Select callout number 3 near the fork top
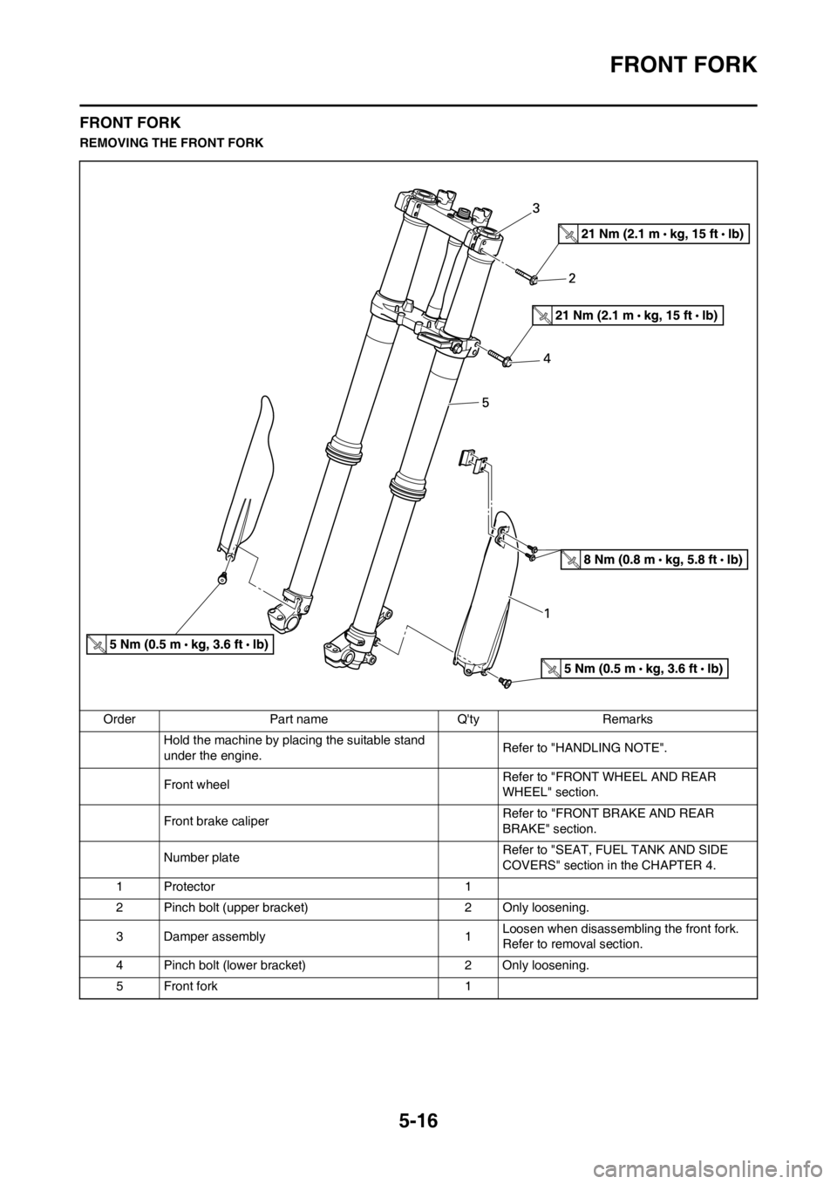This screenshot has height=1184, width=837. (x=536, y=208)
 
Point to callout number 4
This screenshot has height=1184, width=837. (x=548, y=358)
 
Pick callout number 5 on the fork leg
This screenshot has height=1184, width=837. (x=486, y=403)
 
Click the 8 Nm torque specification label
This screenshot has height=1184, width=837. (x=655, y=560)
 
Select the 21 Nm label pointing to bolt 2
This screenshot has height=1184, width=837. (x=654, y=234)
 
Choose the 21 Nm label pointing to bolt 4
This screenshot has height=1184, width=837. (x=629, y=315)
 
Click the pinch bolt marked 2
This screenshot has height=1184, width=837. (x=527, y=276)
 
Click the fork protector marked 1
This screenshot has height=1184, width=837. (x=488, y=602)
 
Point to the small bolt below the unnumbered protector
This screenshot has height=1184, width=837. (x=223, y=579)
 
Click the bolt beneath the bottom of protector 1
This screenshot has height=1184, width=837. (x=504, y=684)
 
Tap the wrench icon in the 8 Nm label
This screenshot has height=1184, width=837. (x=570, y=560)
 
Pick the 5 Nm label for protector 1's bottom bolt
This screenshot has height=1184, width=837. (x=634, y=669)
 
